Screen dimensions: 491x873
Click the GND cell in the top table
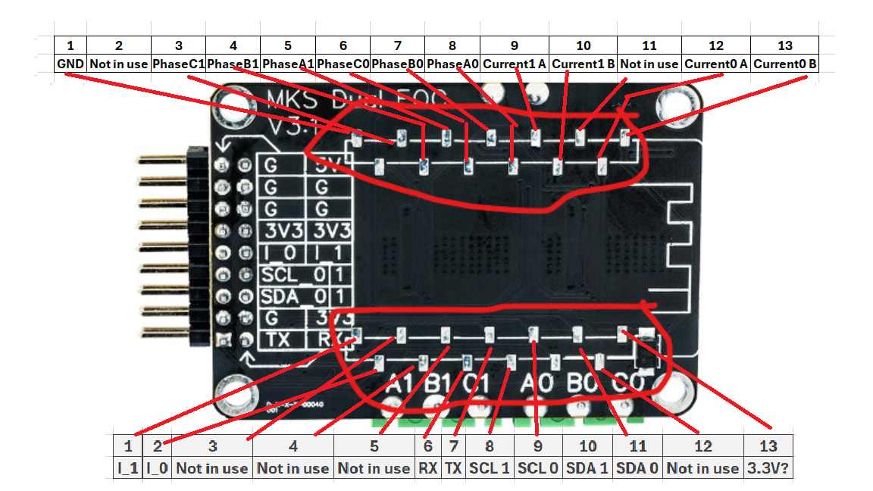tap(70, 64)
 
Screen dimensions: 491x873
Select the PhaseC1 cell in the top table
tap(178, 64)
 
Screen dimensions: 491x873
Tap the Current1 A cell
tap(515, 64)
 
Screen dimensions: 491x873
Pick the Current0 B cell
tap(784, 64)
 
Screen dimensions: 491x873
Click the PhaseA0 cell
tap(452, 64)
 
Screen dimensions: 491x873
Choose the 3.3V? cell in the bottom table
tap(771, 468)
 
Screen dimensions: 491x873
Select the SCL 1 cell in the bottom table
tap(490, 468)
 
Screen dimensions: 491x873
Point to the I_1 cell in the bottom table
tap(127, 468)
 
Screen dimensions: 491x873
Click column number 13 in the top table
tap(784, 45)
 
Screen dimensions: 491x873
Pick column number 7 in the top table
tap(397, 45)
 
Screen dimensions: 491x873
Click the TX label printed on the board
tap(280, 340)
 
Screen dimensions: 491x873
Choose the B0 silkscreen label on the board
tap(584, 382)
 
